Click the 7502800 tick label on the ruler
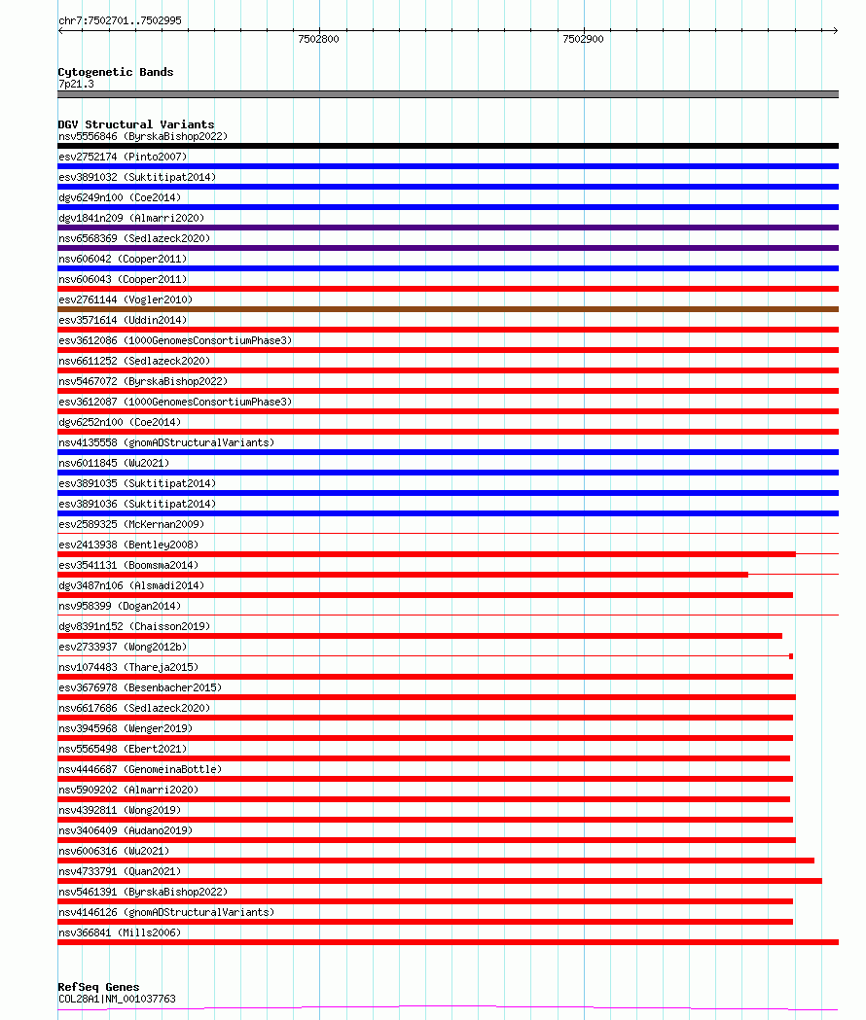tap(318, 40)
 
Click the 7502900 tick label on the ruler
tap(583, 40)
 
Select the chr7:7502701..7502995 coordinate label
tap(120, 20)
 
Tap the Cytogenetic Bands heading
tap(115, 72)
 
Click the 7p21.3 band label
tap(76, 85)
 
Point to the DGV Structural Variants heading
tap(135, 124)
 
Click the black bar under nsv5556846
tap(448, 146)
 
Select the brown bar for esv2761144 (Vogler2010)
tap(448, 309)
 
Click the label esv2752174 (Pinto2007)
tap(123, 157)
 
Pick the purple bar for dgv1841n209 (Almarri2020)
tap(448, 228)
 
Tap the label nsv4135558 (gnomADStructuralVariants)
tap(165, 442)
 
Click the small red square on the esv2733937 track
tap(791, 656)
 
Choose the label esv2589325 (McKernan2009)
tap(131, 524)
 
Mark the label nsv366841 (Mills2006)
tap(120, 932)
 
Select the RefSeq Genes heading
tap(98, 987)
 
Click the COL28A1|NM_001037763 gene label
tap(117, 999)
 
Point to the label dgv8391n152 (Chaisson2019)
tap(134, 626)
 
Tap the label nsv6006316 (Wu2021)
tap(113, 851)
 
